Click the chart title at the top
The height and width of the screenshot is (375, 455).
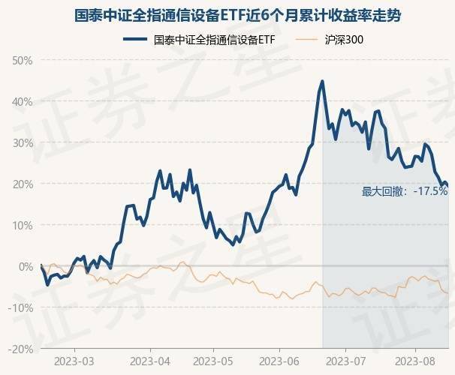click(x=227, y=14)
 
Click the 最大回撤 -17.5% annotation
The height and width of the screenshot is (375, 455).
click(x=404, y=192)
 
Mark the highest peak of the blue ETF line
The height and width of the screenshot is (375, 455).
click(x=322, y=81)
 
